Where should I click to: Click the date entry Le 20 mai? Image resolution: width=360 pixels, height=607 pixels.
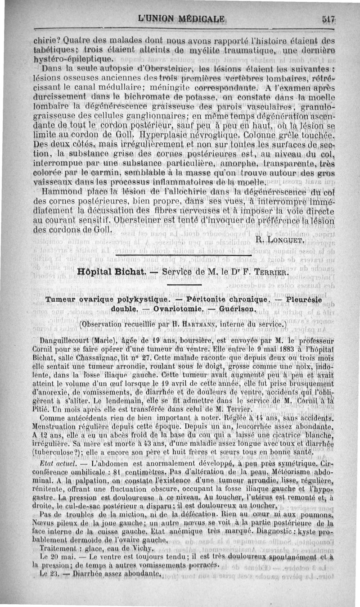coord(55,557)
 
